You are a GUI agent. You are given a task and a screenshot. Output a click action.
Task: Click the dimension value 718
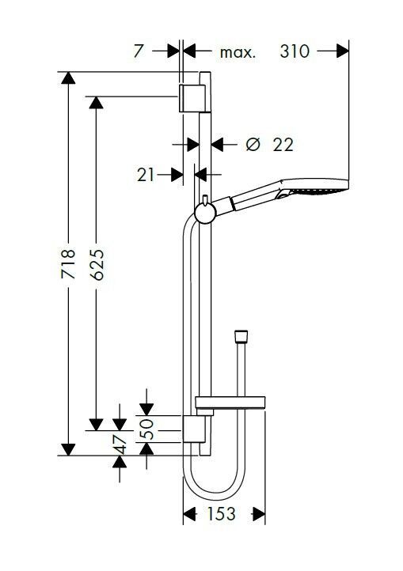click(68, 264)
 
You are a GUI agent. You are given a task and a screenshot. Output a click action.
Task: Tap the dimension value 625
click(97, 264)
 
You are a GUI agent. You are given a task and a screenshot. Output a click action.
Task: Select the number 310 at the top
click(295, 51)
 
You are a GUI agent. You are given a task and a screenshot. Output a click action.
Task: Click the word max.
click(238, 53)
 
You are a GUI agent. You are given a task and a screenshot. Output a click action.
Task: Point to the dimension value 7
click(138, 51)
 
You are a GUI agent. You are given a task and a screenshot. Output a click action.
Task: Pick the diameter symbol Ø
click(253, 145)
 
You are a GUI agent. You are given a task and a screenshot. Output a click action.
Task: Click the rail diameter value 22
click(283, 145)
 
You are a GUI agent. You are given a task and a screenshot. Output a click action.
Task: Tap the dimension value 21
click(146, 175)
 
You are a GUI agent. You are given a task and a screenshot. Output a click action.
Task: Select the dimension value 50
click(146, 429)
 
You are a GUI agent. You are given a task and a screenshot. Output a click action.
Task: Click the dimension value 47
click(120, 444)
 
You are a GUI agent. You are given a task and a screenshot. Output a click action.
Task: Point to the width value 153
click(222, 514)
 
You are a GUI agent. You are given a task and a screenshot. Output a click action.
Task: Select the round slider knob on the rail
click(205, 213)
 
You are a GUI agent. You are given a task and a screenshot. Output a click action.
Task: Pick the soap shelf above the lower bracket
click(230, 402)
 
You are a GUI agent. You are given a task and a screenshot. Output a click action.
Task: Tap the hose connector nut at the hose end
click(241, 336)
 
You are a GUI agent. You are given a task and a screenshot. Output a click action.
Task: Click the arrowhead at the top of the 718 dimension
click(68, 78)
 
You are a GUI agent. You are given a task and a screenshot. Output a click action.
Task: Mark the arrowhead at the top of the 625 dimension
click(96, 103)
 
